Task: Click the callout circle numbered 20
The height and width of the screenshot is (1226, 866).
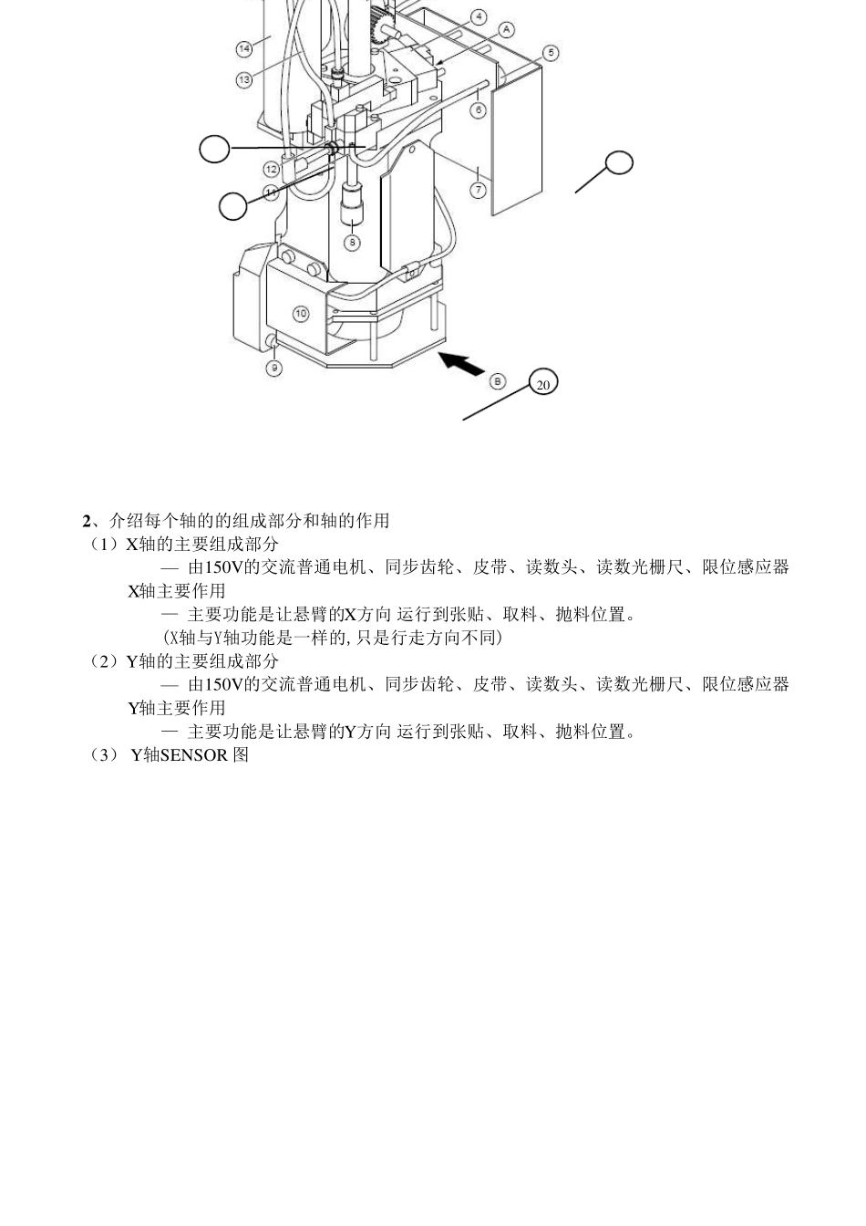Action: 543,384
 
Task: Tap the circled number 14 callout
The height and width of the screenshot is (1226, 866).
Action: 244,48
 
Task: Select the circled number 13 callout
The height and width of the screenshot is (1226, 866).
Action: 244,80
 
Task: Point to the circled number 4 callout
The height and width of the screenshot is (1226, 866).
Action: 479,17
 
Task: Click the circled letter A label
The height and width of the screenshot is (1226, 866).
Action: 507,30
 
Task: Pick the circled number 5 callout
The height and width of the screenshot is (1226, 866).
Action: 551,53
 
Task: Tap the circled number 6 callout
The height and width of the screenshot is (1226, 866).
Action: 479,110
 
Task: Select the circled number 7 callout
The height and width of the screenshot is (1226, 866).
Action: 479,190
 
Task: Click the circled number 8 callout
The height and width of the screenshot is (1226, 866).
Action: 352,242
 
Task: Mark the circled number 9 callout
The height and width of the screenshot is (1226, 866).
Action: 273,368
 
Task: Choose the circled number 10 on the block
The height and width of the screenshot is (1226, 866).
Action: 301,313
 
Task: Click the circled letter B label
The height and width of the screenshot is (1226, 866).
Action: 498,380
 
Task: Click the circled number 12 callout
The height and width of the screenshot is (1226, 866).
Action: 272,169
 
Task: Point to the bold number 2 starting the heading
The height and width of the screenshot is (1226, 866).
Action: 87,521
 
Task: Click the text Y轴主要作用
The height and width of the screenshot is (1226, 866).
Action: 176,708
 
